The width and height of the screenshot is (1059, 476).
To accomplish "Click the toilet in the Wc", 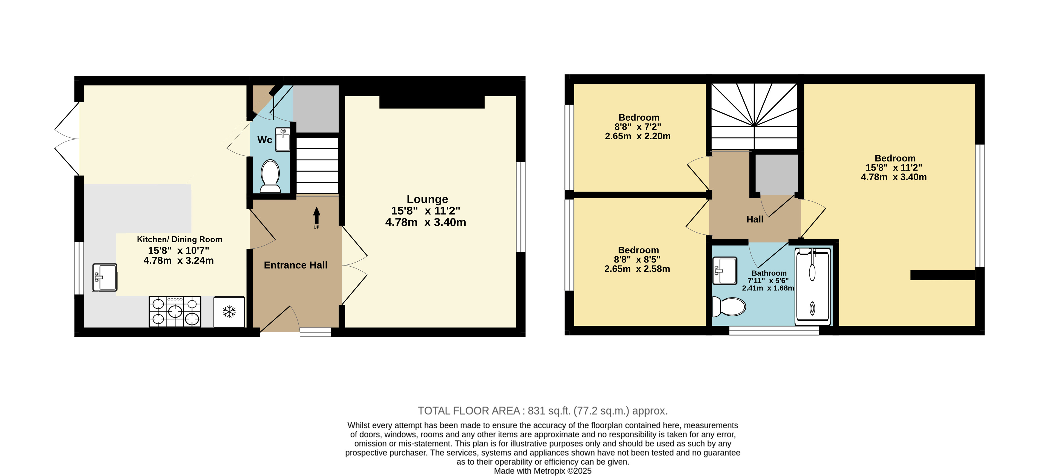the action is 270,176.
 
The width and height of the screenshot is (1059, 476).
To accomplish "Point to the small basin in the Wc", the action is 283,140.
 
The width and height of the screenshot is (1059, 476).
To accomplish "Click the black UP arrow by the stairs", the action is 316,216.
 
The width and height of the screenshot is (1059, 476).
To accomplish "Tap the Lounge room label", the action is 427,199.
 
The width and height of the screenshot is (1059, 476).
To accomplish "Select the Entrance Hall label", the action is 296,265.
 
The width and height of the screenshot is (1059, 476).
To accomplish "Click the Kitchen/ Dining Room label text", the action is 179,239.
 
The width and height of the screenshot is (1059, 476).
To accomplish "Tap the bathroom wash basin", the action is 724,270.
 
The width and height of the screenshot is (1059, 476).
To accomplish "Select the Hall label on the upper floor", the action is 755,220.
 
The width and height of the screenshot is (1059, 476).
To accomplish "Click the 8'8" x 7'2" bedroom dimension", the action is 638,127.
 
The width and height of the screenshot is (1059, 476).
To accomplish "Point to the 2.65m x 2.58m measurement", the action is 637,269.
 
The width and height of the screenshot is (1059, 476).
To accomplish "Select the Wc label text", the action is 265,140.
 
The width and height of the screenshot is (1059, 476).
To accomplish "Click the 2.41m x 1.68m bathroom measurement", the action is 768,288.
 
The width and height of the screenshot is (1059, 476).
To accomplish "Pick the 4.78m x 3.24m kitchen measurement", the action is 178,261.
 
